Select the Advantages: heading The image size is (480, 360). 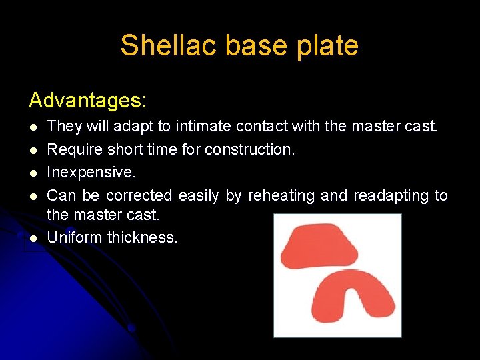click(87, 101)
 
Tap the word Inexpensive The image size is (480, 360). click(91, 172)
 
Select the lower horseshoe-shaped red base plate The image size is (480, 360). click(353, 297)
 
